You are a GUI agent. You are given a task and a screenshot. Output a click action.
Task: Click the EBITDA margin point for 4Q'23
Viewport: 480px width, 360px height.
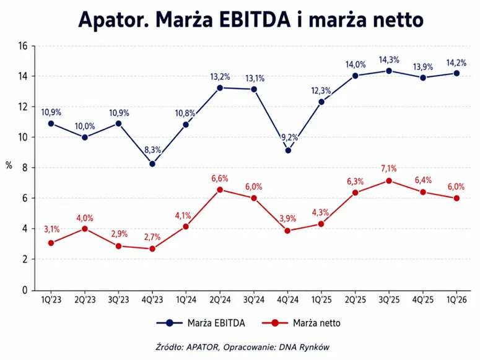152,164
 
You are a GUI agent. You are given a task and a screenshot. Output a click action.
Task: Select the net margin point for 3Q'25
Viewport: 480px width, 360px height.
389,181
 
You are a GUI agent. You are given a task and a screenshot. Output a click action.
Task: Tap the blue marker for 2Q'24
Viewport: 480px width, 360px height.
220,88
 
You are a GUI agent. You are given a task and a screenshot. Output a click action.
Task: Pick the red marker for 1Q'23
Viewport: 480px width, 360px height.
51,243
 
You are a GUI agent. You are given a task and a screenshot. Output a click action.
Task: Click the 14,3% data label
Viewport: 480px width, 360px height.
389,59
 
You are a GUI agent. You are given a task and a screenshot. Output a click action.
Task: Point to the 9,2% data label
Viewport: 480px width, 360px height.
289,138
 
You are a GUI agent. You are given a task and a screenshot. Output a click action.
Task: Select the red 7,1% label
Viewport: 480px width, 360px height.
389,168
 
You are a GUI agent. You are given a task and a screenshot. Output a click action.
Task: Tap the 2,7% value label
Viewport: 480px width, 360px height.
153,237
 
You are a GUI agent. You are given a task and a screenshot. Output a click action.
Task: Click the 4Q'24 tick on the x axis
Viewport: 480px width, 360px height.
288,299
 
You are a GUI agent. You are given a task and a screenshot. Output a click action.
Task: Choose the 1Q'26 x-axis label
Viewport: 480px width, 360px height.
456,299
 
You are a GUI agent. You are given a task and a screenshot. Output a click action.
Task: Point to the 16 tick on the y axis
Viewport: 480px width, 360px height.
23,46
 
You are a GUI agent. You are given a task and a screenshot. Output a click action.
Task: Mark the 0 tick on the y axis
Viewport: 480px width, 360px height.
25,290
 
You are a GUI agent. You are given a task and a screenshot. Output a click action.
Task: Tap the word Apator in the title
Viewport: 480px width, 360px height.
113,20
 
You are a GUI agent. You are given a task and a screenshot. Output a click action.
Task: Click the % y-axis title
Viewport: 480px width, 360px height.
9,166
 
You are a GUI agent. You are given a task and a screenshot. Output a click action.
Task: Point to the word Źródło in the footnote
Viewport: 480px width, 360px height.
169,347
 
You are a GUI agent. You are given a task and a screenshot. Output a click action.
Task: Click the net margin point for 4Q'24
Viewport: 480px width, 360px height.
287,230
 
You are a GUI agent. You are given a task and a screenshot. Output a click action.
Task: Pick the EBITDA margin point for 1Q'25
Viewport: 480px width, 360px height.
321,102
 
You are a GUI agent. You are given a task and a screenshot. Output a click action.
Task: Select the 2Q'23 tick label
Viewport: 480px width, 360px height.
85,299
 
